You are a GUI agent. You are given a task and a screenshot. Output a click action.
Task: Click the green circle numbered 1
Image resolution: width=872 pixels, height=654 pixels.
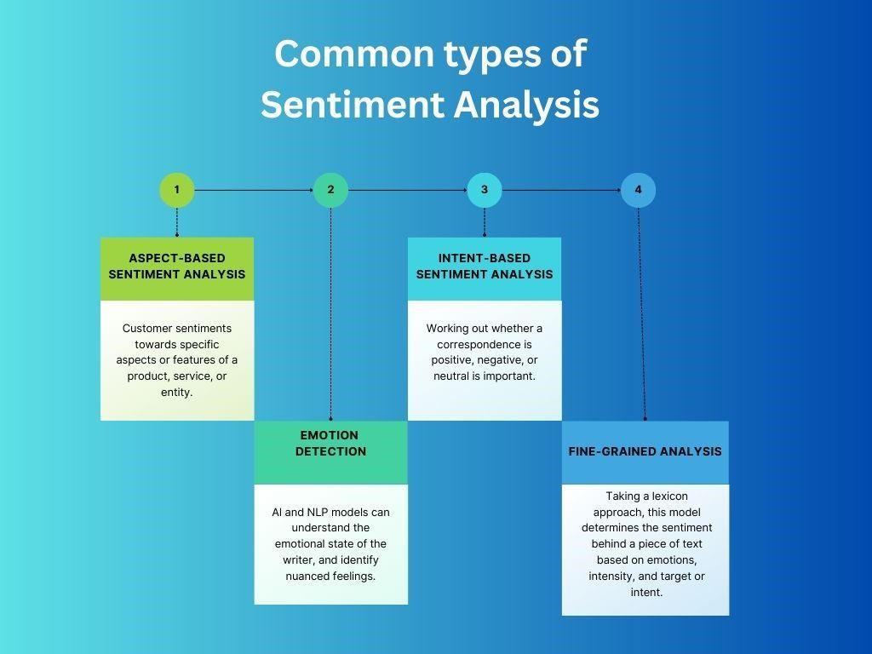point(177,190)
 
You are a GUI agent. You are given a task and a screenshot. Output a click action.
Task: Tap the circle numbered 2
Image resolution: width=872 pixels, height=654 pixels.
point(330,190)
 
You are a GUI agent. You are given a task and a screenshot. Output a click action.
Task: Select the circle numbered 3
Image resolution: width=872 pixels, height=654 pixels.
point(485,190)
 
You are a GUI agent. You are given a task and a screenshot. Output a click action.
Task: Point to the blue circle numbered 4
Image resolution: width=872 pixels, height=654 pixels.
point(638,190)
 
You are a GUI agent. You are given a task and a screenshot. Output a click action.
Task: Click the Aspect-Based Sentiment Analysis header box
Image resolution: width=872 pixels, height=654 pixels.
point(177,267)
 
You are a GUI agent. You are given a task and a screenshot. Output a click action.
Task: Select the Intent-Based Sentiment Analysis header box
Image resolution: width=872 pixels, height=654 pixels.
point(485,267)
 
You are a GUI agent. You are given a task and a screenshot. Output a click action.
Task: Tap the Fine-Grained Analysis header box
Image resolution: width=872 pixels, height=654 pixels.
point(645,452)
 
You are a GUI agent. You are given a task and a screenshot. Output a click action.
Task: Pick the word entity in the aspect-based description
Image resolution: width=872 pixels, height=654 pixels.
point(177,392)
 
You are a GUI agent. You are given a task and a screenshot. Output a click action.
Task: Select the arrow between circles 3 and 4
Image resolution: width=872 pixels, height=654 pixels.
point(561,190)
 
